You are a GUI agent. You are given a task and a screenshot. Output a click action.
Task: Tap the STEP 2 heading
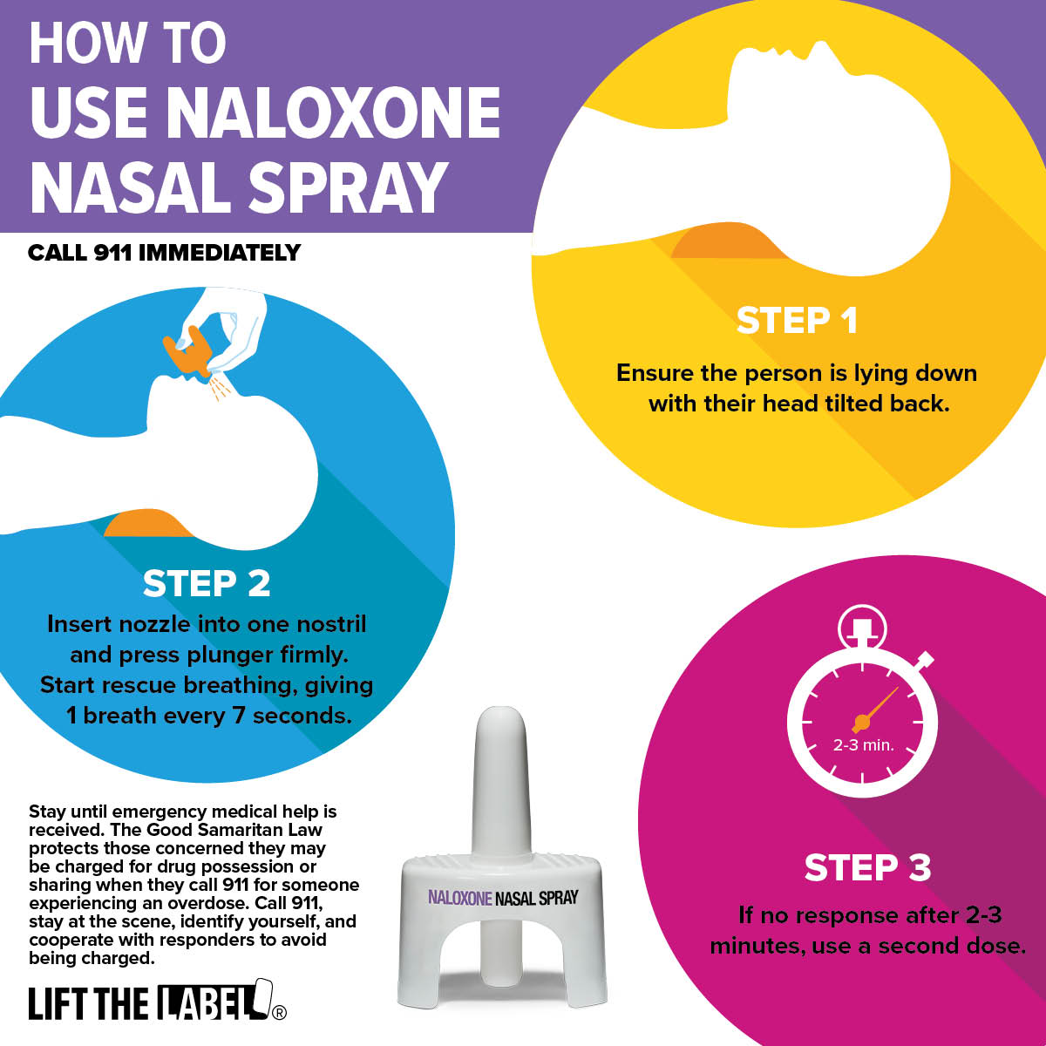(207, 583)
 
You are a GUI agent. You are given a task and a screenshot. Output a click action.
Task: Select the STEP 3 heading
(867, 867)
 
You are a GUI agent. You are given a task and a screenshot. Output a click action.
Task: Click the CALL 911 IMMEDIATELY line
(164, 253)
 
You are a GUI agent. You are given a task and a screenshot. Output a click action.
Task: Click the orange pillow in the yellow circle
(726, 242)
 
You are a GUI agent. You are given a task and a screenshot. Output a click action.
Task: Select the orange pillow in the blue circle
(147, 523)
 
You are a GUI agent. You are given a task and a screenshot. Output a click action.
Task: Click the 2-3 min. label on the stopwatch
(863, 745)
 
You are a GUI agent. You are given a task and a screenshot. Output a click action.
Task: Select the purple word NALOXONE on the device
(459, 898)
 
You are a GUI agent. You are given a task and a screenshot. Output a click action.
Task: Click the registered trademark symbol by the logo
(279, 1012)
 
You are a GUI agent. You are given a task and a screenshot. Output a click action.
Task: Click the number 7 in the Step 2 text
(240, 716)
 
